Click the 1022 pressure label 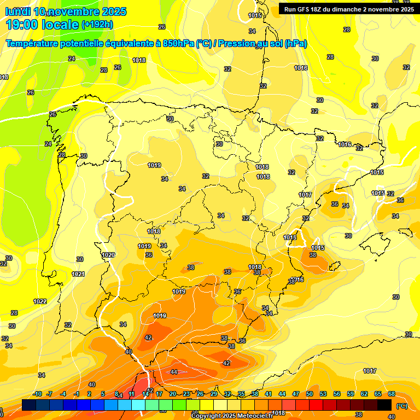pos(40,301)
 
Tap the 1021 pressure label pos(78,274)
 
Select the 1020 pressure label pos(108,255)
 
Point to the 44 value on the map pos(174,372)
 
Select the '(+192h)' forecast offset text pos(97,25)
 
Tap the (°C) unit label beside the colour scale pos(401,406)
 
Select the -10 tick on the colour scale pos(37,394)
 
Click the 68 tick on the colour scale pos(392,394)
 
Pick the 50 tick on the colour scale pos(310,394)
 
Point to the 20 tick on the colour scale pos(173,394)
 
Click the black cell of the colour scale pos(385,405)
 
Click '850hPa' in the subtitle pos(178,44)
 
